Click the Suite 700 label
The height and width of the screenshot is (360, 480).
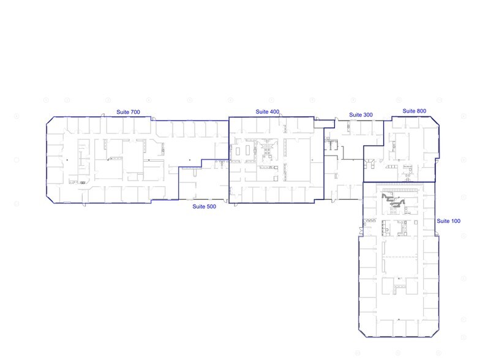pos(129,112)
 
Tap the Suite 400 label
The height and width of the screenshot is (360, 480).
pos(268,111)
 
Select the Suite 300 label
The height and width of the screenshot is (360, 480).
pos(361,114)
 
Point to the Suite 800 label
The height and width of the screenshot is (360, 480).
pos(414,111)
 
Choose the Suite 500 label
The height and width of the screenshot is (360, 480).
pos(204,207)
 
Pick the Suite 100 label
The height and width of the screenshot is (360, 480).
pos(448,220)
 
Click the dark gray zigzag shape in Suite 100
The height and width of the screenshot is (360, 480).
pos(395,203)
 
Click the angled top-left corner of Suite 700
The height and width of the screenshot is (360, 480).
pos(48,122)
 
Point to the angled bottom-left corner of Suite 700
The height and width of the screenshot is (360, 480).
pos(49,197)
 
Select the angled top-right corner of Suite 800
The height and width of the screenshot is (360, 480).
pos(435,122)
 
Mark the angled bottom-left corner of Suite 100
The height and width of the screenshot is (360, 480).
pos(361,333)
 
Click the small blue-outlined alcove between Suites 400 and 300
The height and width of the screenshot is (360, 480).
pos(320,123)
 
